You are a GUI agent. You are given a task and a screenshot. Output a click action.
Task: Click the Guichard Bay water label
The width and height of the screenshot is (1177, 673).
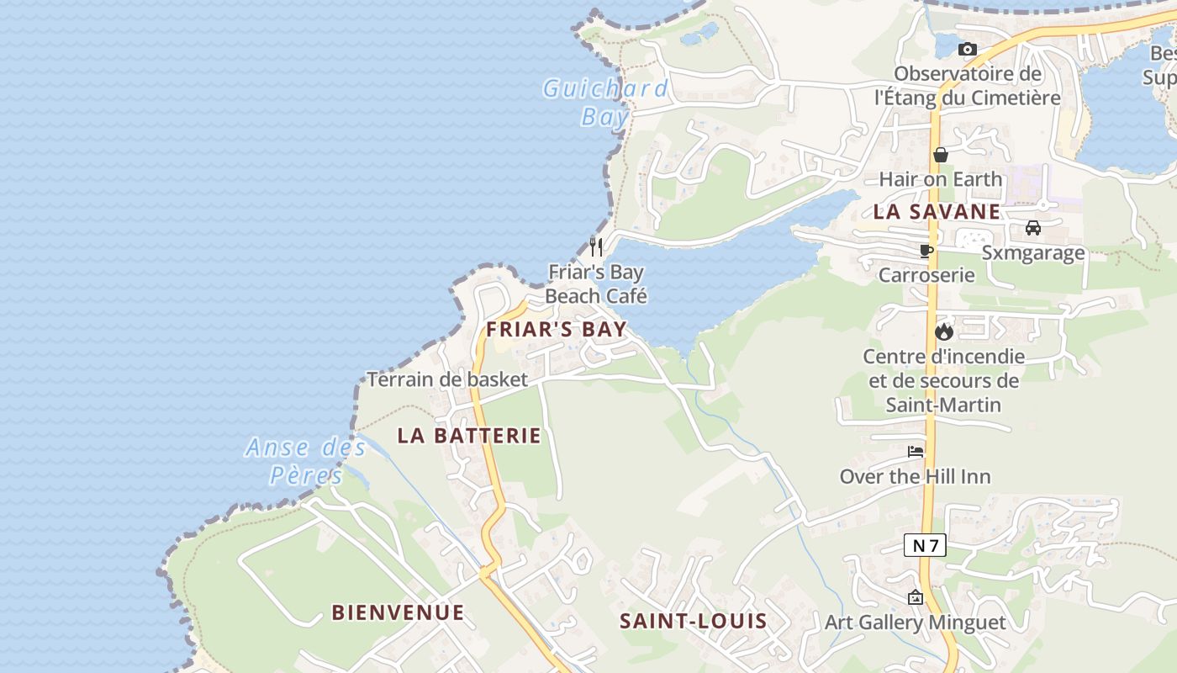pyautogui.click(x=605, y=102)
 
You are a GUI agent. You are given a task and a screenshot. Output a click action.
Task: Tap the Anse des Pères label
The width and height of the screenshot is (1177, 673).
pyautogui.click(x=306, y=461)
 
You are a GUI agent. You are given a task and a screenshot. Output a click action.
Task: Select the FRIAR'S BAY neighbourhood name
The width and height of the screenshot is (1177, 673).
pyautogui.click(x=557, y=329)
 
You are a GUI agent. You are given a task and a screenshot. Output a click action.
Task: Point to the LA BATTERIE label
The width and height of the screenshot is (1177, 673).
pyautogui.click(x=469, y=436)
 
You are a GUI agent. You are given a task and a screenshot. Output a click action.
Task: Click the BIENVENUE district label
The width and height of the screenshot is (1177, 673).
pyautogui.click(x=398, y=612)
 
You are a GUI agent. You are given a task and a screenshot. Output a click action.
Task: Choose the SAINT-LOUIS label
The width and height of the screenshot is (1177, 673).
pyautogui.click(x=693, y=622)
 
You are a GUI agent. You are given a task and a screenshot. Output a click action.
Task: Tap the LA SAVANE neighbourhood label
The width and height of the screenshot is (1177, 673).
pyautogui.click(x=937, y=212)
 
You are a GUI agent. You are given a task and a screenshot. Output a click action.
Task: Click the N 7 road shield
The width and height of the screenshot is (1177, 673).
pyautogui.click(x=925, y=545)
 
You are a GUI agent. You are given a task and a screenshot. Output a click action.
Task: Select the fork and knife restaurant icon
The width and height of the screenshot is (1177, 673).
pyautogui.click(x=596, y=246)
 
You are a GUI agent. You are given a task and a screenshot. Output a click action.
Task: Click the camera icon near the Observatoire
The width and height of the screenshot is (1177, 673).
pyautogui.click(x=967, y=50)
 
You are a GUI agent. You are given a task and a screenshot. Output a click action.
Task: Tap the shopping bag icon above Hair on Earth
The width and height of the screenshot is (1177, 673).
pyautogui.click(x=941, y=155)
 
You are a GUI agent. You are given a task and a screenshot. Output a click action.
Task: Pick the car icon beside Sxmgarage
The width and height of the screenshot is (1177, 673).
pyautogui.click(x=1032, y=227)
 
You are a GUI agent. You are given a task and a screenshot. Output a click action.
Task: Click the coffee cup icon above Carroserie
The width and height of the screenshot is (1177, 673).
pyautogui.click(x=926, y=251)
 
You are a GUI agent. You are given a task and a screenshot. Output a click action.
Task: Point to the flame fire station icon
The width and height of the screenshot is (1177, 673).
pyautogui.click(x=943, y=331)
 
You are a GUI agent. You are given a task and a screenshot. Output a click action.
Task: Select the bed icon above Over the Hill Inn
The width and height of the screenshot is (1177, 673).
pyautogui.click(x=916, y=452)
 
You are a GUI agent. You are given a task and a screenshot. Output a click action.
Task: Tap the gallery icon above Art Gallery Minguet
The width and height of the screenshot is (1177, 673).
pyautogui.click(x=915, y=597)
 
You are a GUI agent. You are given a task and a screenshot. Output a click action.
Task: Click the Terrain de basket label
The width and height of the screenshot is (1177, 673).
pyautogui.click(x=447, y=379)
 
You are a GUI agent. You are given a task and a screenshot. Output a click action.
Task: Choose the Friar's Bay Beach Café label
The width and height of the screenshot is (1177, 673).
pyautogui.click(x=596, y=284)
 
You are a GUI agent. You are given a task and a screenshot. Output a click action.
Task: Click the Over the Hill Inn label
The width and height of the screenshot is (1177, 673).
pyautogui.click(x=915, y=477)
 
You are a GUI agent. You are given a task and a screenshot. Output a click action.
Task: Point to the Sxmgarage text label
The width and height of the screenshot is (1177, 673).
pyautogui.click(x=1033, y=252)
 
